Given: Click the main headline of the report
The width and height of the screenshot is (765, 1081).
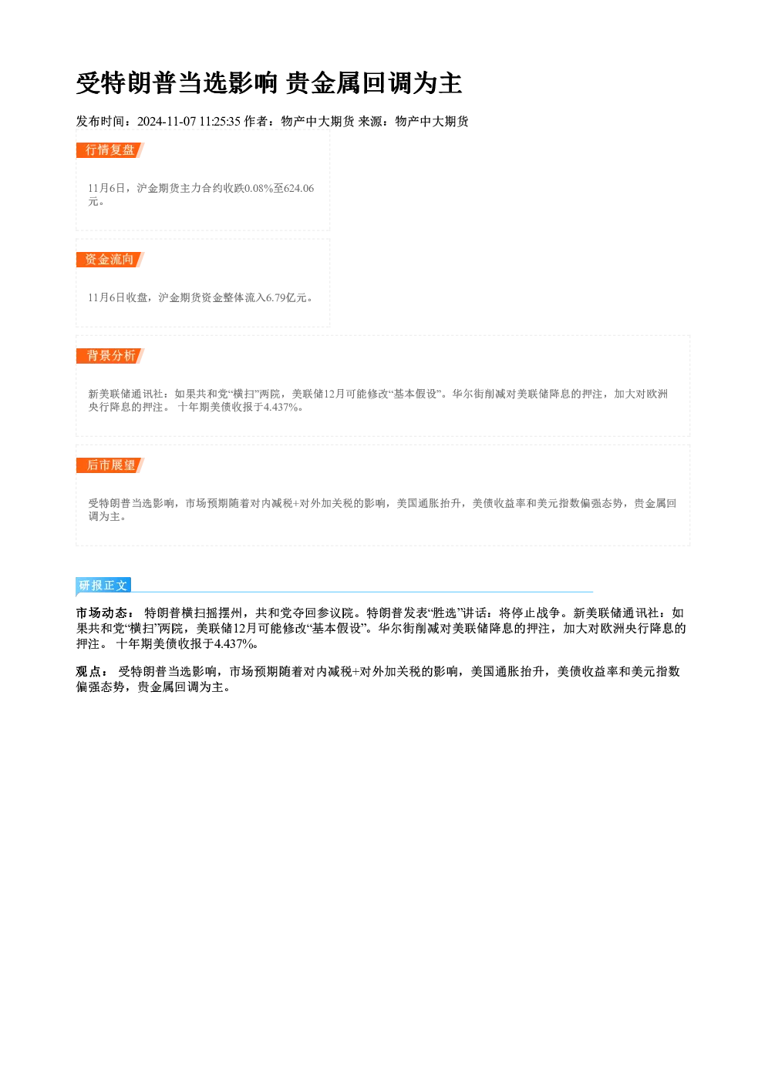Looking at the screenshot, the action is coord(269,83).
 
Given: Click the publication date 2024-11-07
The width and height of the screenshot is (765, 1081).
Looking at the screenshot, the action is coord(167,121).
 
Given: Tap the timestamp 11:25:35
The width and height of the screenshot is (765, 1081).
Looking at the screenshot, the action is coord(220,121).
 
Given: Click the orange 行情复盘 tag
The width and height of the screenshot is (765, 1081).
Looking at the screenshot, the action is coord(110,150).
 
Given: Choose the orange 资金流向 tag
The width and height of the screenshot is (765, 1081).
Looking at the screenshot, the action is coord(110,260).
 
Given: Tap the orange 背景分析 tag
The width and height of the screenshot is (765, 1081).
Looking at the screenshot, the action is coord(110,356).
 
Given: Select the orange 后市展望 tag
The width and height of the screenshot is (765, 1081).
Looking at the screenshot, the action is coord(110,465).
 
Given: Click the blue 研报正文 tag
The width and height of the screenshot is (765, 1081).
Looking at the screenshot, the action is coord(103,586).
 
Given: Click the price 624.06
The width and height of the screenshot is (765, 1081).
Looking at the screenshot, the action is coord(299,188).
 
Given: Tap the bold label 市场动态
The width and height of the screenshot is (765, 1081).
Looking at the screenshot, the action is coord(102,613).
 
